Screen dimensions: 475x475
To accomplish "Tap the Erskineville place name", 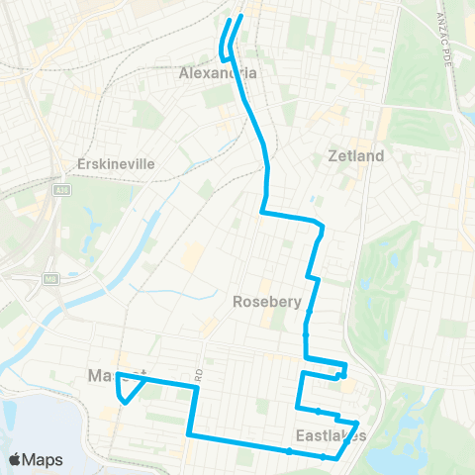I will [x=118, y=163].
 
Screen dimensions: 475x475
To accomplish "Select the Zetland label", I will [x=355, y=156].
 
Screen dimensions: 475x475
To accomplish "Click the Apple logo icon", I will [x=16, y=459].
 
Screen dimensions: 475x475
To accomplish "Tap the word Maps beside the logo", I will [x=45, y=459].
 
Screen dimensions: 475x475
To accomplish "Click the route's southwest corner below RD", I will [x=189, y=433].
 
